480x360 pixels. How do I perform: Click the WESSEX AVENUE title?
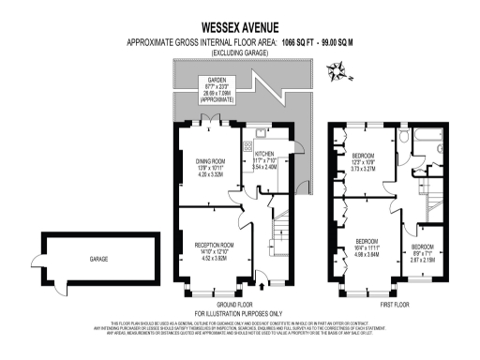[x=239, y=28]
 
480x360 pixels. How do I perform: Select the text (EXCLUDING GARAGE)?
[x=240, y=53]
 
